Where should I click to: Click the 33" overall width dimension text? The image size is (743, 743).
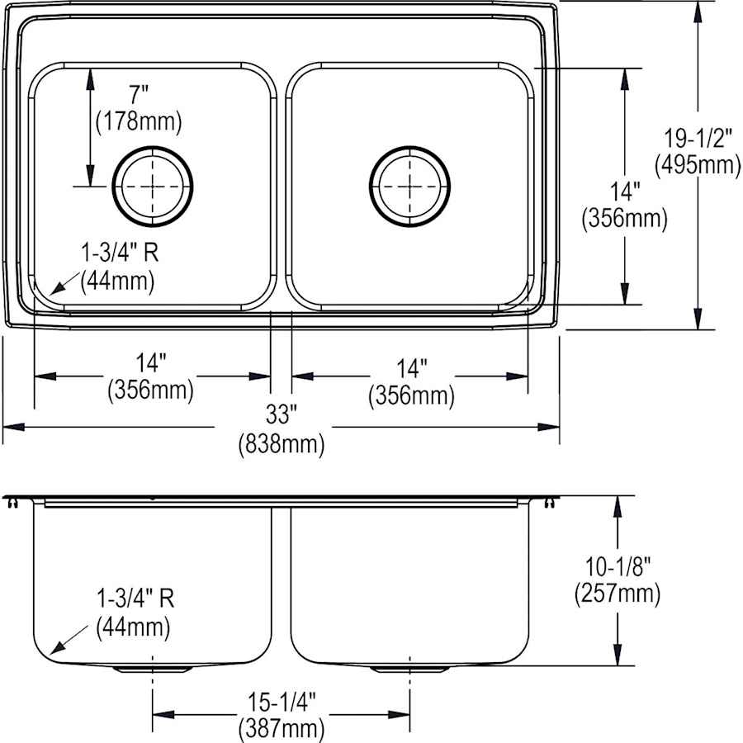(281, 418)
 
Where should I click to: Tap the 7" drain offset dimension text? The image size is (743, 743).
(138, 97)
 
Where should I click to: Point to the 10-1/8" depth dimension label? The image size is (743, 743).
(615, 566)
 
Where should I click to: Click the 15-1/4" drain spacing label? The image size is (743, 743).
(281, 703)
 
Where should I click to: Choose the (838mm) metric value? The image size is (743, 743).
(281, 445)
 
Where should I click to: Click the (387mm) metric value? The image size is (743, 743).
(281, 729)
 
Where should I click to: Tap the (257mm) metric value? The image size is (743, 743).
(616, 593)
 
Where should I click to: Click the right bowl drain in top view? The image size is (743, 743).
(410, 187)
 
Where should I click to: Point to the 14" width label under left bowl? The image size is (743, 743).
(151, 362)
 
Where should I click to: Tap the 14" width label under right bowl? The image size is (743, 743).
(410, 368)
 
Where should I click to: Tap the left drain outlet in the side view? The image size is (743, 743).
(152, 668)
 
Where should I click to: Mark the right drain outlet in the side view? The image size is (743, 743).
(410, 668)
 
